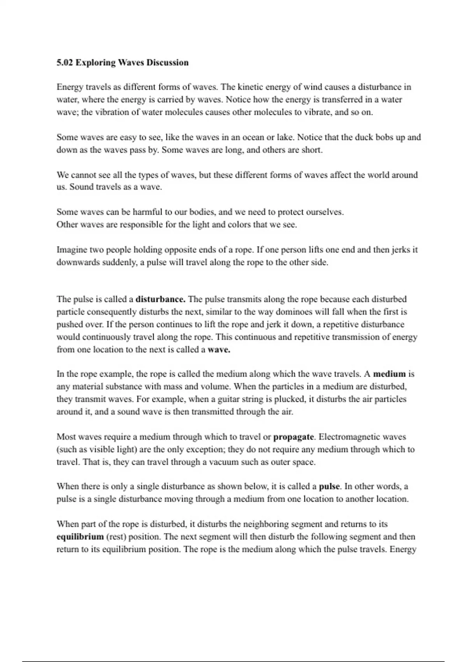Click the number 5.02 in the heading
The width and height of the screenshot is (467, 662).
[x=65, y=63]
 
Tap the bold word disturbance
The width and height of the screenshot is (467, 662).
[x=160, y=299]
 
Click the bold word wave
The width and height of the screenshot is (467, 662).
[x=219, y=350]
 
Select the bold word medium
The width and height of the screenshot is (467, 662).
[x=389, y=374]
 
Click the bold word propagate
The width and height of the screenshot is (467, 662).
[x=293, y=437]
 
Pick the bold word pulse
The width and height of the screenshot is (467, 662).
[x=329, y=486]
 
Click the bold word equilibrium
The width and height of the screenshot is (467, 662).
[x=80, y=537]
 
